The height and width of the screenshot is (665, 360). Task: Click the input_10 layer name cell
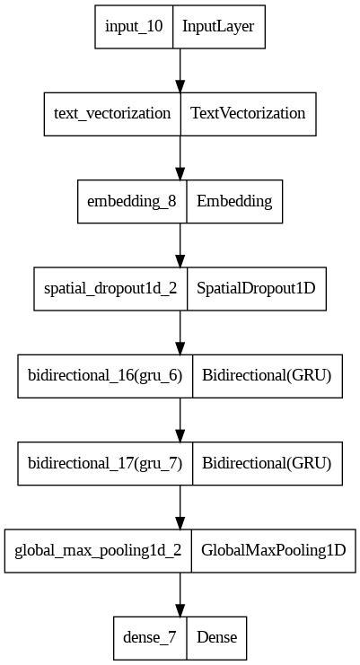(135, 26)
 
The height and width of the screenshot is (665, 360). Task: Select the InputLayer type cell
(218, 26)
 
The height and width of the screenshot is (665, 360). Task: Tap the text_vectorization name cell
(112, 114)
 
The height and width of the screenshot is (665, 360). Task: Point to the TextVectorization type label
(248, 114)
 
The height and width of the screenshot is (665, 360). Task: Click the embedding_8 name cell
(132, 201)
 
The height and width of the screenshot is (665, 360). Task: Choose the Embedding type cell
(234, 201)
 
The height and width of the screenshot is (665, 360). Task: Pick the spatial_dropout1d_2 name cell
(110, 289)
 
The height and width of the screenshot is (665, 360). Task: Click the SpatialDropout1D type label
(257, 289)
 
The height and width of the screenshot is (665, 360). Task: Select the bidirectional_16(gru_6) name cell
(106, 376)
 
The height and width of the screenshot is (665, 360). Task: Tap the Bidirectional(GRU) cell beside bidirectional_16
(268, 376)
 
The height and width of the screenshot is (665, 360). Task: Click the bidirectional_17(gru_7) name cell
(106, 464)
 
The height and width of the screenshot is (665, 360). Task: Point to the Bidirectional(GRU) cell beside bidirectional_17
(268, 464)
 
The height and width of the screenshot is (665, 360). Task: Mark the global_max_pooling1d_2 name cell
(98, 551)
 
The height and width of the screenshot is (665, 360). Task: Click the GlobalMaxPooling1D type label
(274, 551)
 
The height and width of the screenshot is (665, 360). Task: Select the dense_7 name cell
(149, 638)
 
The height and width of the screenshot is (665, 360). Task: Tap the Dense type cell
(216, 638)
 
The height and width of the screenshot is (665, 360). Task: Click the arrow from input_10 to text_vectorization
(180, 70)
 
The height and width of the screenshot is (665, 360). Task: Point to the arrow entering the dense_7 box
(180, 594)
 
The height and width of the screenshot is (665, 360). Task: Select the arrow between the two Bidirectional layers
(180, 420)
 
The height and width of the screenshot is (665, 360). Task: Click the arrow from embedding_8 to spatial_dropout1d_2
(180, 245)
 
